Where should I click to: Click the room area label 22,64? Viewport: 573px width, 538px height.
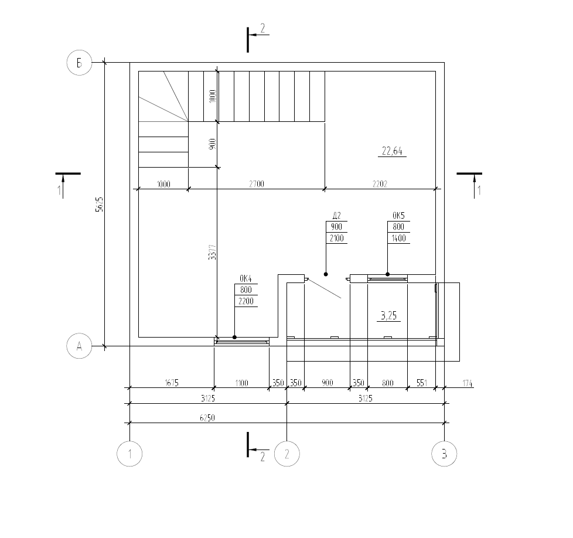(x=392, y=151)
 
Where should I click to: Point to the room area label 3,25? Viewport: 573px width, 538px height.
(x=388, y=315)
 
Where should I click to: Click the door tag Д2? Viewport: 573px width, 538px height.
(x=336, y=215)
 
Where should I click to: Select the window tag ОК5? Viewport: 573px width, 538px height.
(x=398, y=215)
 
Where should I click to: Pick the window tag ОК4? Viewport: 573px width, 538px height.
(x=245, y=278)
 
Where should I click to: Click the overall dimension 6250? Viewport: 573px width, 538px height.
(x=207, y=418)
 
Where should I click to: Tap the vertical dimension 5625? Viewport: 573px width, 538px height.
(x=100, y=205)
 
